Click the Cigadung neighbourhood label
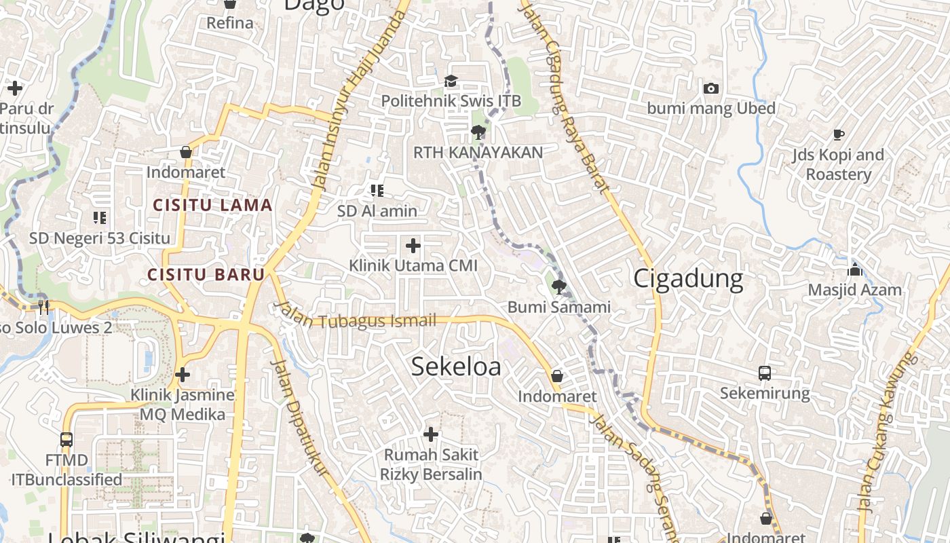coord(688,279)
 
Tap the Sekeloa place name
coord(456,367)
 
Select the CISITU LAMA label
coord(212,205)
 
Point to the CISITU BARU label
coord(206,275)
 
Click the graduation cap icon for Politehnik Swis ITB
coord(451,82)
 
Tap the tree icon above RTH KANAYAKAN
coord(478,132)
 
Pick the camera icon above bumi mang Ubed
coord(711,89)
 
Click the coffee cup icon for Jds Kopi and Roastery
coord(839,134)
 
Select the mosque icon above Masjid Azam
coord(855,269)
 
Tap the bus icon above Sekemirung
coord(765,373)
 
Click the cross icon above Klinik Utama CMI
coord(413,245)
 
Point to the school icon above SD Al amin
coord(377,191)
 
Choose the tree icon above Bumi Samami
coord(559,287)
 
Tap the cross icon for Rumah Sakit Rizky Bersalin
coord(431,434)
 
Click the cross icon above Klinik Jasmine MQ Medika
coord(183,375)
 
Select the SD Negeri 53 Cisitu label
coord(100,238)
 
